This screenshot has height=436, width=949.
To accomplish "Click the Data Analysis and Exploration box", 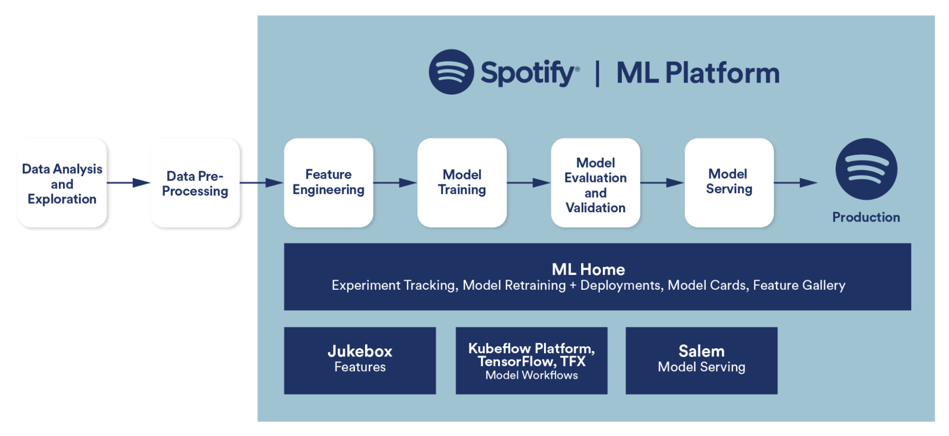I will (62, 183).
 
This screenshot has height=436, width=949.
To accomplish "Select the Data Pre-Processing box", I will (195, 183).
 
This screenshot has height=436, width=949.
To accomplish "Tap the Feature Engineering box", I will (329, 182).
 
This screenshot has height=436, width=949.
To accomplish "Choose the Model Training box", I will (462, 182).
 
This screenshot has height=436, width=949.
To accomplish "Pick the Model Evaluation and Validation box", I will (595, 183).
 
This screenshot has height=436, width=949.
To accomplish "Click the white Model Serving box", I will (729, 182).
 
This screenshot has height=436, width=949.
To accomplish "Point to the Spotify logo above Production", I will (866, 169).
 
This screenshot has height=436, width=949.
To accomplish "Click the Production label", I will (866, 218).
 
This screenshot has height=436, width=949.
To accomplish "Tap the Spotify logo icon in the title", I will (451, 72).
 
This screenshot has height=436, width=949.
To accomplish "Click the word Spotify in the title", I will (528, 73).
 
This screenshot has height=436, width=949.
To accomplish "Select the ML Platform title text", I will (698, 73).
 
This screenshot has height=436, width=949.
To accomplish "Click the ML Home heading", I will (588, 270).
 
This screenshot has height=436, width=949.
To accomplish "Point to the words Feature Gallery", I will (799, 285).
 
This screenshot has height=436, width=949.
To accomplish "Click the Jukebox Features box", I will (360, 360).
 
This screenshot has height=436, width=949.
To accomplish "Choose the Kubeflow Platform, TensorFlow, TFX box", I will (531, 360).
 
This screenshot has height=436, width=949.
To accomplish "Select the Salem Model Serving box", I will (701, 360).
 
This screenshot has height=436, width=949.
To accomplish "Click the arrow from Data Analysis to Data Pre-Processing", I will (129, 183).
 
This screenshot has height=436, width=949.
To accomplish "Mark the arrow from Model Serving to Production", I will (796, 183).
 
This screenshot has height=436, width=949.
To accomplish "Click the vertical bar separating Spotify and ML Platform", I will (598, 74).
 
